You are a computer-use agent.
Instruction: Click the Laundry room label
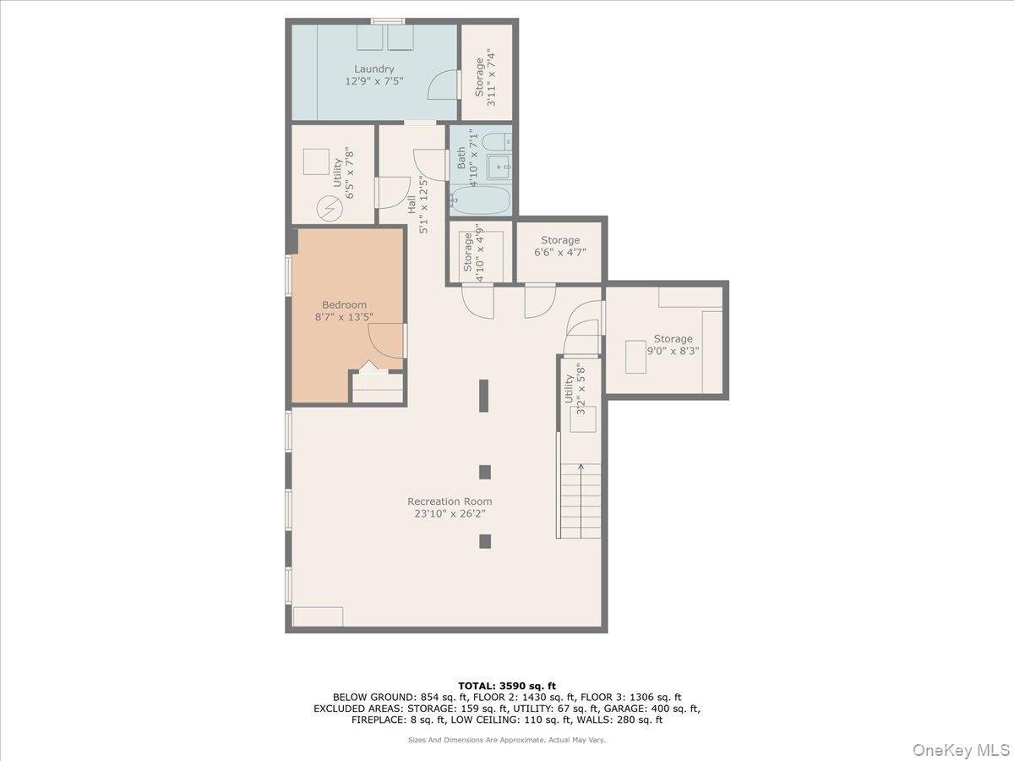373,69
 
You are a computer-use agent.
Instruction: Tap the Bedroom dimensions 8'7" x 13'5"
344,317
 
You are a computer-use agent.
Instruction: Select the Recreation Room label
450,501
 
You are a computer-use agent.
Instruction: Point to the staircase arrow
581,467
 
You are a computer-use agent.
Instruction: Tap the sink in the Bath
502,167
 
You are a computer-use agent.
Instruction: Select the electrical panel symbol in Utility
329,207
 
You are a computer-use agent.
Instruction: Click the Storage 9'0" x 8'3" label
673,339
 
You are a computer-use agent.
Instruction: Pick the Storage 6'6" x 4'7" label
560,241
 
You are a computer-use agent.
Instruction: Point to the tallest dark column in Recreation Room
484,396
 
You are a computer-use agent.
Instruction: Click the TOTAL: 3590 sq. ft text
507,686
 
